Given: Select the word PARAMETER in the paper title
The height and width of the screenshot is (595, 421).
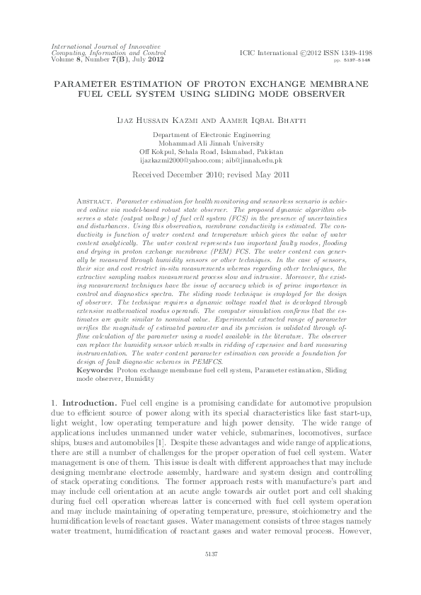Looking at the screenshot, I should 83,83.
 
